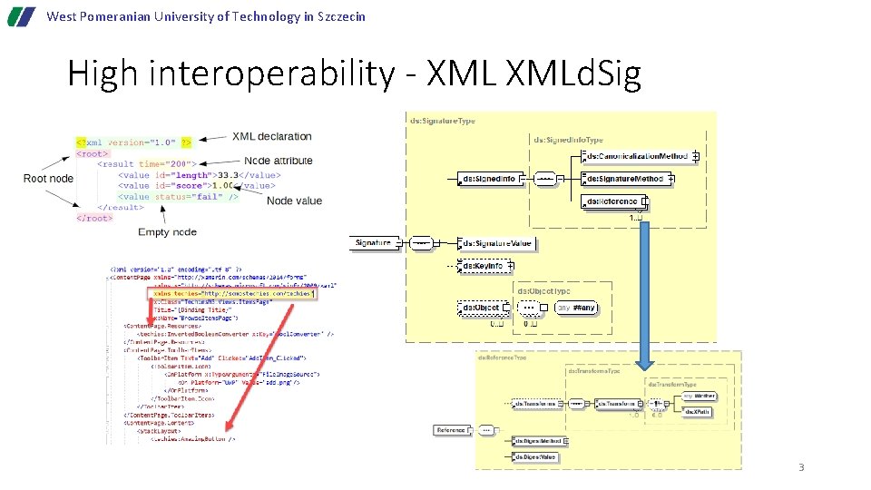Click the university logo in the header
18,16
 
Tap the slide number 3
801,467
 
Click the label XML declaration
271,136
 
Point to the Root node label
48,178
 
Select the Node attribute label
279,161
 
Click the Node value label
294,201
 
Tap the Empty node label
167,232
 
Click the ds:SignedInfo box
489,179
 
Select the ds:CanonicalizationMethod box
637,156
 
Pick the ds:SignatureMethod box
626,179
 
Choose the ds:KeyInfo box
484,266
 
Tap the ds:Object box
480,308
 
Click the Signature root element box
374,242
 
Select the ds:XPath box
697,411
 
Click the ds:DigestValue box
534,457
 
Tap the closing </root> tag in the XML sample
94,218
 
